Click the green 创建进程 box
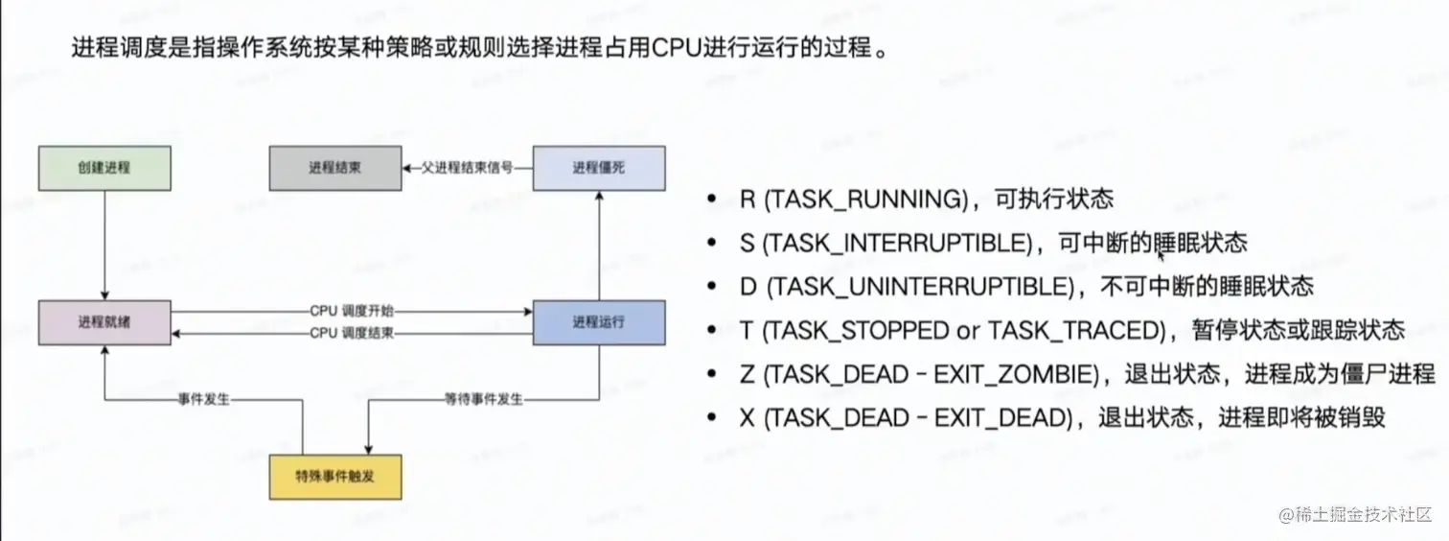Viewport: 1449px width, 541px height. click(104, 168)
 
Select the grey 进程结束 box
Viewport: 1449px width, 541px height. click(335, 168)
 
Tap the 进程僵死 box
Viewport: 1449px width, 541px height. click(599, 168)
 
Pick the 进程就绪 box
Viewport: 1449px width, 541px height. click(104, 322)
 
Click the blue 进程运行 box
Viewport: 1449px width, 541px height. click(599, 322)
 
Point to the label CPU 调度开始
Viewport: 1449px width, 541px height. click(353, 312)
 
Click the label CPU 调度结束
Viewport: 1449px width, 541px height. click(353, 333)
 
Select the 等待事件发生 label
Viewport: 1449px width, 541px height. click(484, 399)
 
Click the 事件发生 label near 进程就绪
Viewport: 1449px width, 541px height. click(204, 399)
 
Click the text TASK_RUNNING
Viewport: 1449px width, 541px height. click(870, 200)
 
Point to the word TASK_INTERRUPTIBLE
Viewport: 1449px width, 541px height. click(899, 243)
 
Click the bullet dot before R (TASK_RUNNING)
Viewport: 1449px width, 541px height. click(711, 200)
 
